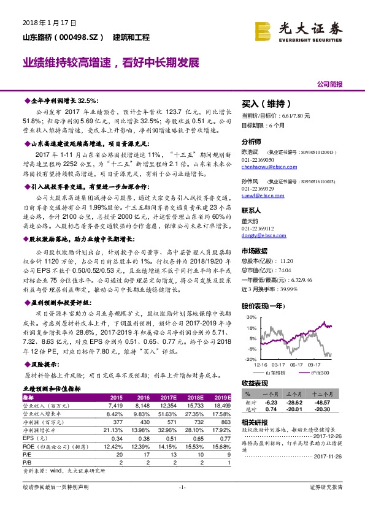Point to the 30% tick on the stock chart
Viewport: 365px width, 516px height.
pos(252,317)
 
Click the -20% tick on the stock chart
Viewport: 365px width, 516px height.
pos(252,359)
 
